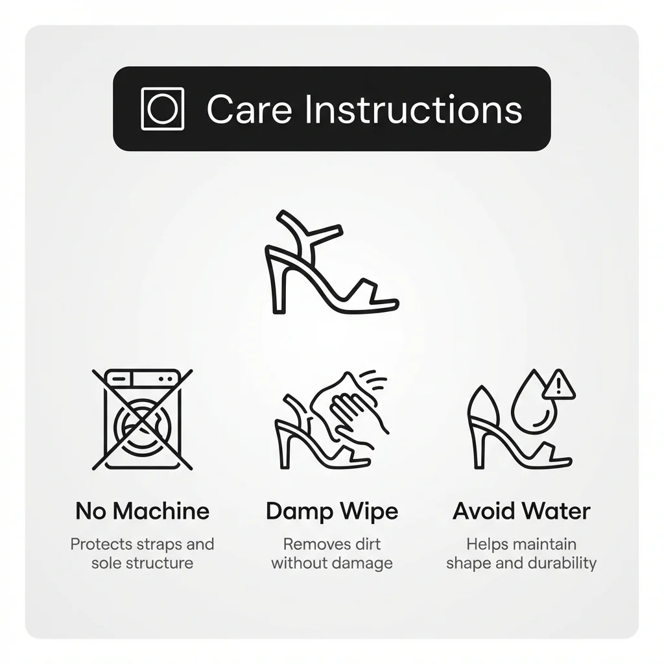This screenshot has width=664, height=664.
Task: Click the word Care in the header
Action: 250,109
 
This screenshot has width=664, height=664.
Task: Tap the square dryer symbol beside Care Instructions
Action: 162,108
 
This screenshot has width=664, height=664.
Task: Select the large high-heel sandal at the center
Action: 331,262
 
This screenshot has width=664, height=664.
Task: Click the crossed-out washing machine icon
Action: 143,420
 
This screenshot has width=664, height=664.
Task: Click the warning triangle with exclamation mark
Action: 559,385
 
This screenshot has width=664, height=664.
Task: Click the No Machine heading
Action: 142,511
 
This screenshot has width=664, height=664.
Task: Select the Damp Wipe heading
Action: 332,512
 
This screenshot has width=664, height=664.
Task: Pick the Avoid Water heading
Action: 521,511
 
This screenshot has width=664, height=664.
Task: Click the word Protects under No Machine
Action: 95,544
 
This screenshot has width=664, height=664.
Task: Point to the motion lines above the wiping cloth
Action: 373,379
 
